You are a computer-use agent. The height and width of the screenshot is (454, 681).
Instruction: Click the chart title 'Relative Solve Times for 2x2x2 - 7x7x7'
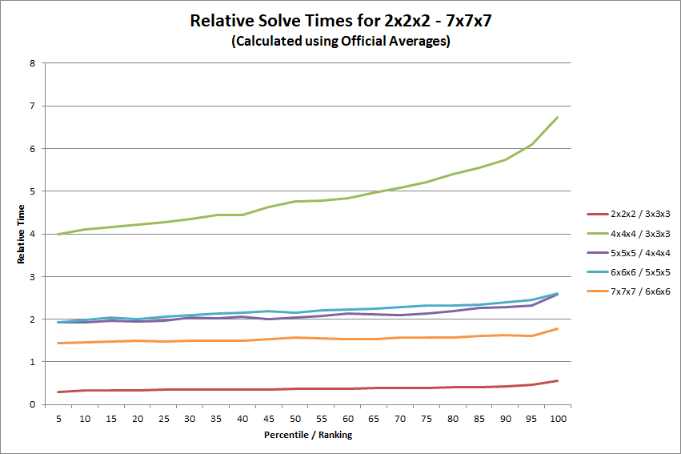(x=341, y=21)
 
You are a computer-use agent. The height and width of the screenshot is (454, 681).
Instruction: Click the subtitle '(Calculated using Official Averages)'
(x=341, y=41)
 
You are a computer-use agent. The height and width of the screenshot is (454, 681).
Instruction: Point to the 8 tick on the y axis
(x=32, y=63)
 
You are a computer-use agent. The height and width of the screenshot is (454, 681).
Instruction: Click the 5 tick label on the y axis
(x=32, y=191)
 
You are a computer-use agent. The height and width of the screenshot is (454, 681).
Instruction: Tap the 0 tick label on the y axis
(x=32, y=404)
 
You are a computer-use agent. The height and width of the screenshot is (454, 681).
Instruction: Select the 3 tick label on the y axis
(x=32, y=277)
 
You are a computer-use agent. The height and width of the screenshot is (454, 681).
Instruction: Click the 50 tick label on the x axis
(x=295, y=419)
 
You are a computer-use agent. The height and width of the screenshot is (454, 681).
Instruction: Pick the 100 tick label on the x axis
(x=558, y=419)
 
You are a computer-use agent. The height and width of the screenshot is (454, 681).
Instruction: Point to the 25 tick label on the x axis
(x=164, y=419)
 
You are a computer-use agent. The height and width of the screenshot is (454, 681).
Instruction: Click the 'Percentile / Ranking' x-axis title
(x=308, y=435)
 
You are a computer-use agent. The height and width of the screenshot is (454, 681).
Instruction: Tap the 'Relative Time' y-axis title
(x=21, y=234)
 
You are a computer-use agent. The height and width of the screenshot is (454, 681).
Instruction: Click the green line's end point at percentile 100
(x=557, y=117)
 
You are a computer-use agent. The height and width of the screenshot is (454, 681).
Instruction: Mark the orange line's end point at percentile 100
(x=557, y=329)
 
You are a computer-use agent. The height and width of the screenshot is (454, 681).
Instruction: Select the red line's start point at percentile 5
(x=58, y=392)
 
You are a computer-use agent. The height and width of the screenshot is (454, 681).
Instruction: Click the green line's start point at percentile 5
(x=58, y=234)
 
